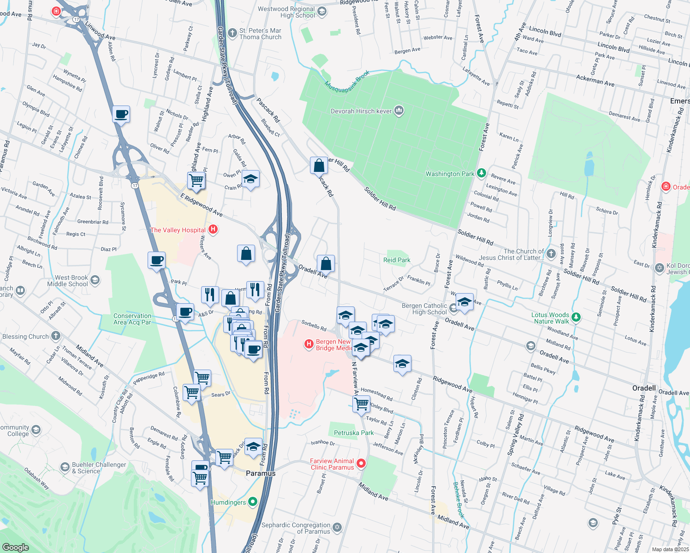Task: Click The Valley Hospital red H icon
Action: pos(213,229)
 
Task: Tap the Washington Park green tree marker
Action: pos(482,173)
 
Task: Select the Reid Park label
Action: pos(397,260)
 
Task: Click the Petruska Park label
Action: pos(354,433)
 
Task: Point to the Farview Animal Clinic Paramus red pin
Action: pos(361,464)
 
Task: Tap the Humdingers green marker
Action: pos(252,502)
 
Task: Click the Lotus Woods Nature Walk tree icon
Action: pos(576,317)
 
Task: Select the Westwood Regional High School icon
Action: pos(322,12)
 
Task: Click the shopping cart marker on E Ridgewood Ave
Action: pos(196,180)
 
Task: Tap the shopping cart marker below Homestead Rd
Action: pos(362,404)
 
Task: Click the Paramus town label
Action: pos(261,473)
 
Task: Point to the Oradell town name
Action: pos(644,388)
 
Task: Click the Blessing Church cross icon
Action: pos(56,336)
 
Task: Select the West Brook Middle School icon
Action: pos(95,280)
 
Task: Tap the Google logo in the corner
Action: pos(15,547)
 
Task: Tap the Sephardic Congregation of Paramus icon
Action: pos(337,527)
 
